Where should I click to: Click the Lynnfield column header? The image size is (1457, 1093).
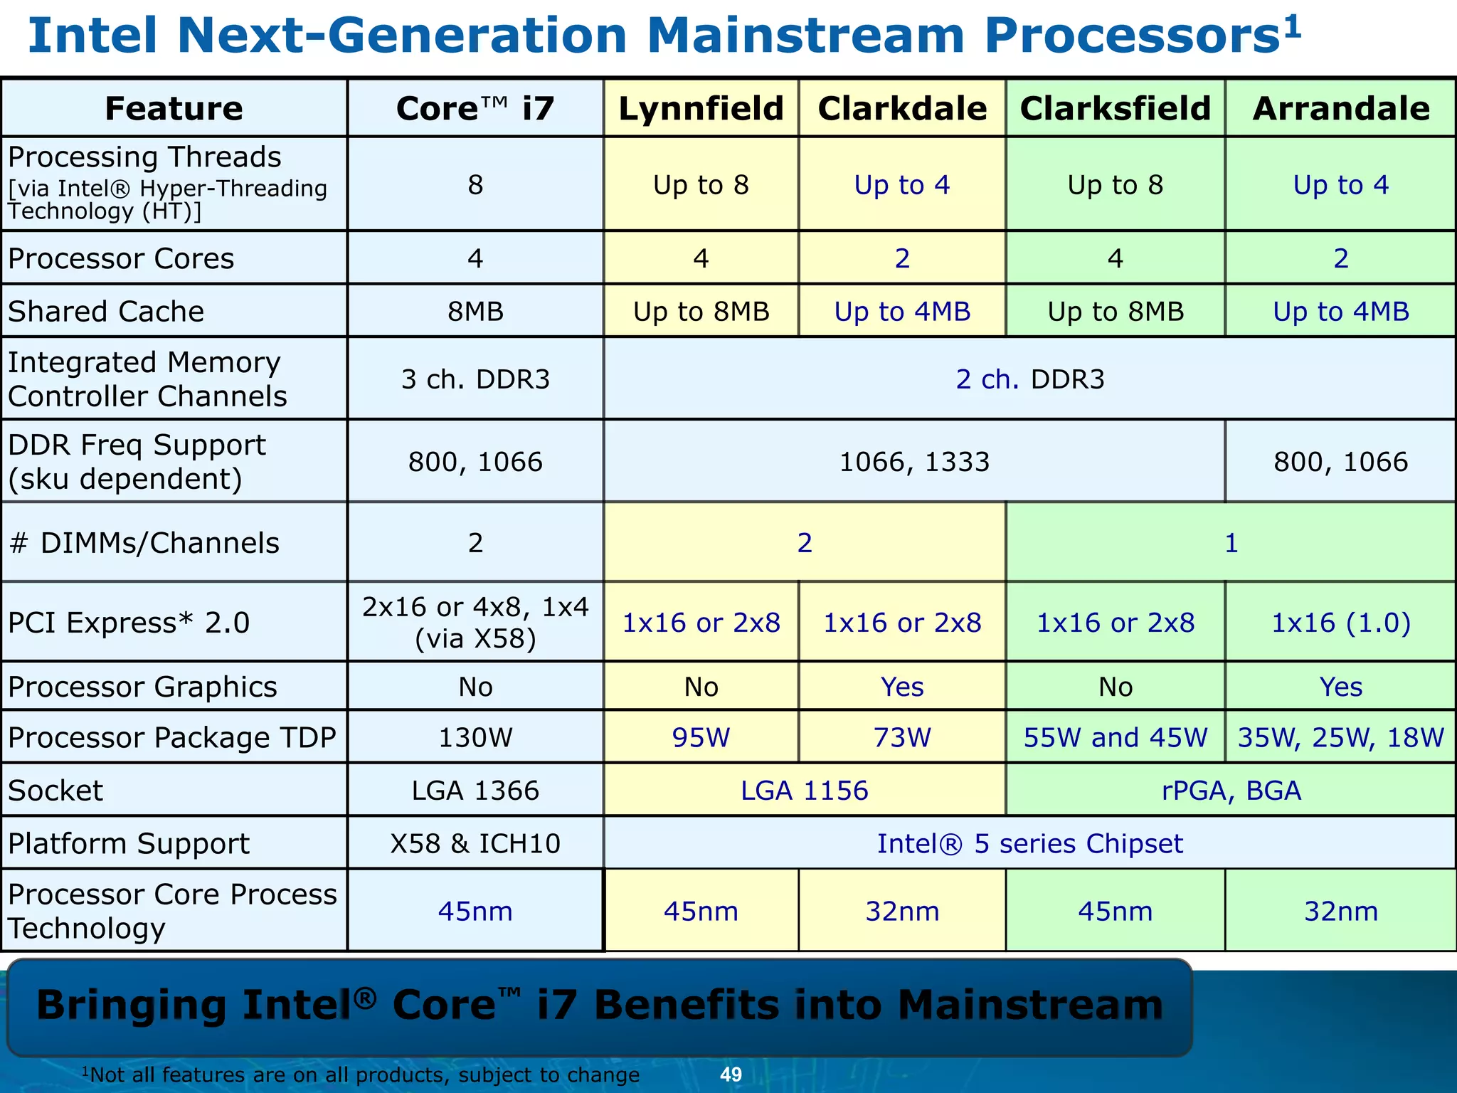(x=701, y=109)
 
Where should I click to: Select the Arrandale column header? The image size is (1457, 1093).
(x=1340, y=109)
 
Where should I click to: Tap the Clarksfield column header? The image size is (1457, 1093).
(x=1115, y=109)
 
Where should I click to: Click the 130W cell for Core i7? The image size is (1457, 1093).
(x=475, y=737)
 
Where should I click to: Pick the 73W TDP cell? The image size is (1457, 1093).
(x=902, y=737)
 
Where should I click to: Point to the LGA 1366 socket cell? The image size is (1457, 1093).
(x=475, y=791)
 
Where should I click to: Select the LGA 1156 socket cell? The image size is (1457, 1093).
(x=804, y=791)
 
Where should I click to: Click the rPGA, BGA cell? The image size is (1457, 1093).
(x=1231, y=791)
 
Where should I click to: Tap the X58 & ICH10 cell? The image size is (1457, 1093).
(x=475, y=843)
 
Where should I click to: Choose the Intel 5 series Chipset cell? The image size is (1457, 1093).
(x=1029, y=843)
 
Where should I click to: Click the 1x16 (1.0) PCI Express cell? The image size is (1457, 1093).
(x=1340, y=623)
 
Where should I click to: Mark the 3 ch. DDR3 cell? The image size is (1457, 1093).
(x=475, y=379)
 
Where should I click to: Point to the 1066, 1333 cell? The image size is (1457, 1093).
(x=914, y=462)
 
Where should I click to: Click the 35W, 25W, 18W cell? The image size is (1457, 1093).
(x=1340, y=737)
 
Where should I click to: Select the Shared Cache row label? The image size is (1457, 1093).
(x=106, y=312)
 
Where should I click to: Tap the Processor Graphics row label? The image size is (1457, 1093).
(x=142, y=687)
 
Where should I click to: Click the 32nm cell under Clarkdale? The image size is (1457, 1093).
(x=902, y=911)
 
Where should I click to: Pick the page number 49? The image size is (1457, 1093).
(x=731, y=1074)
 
